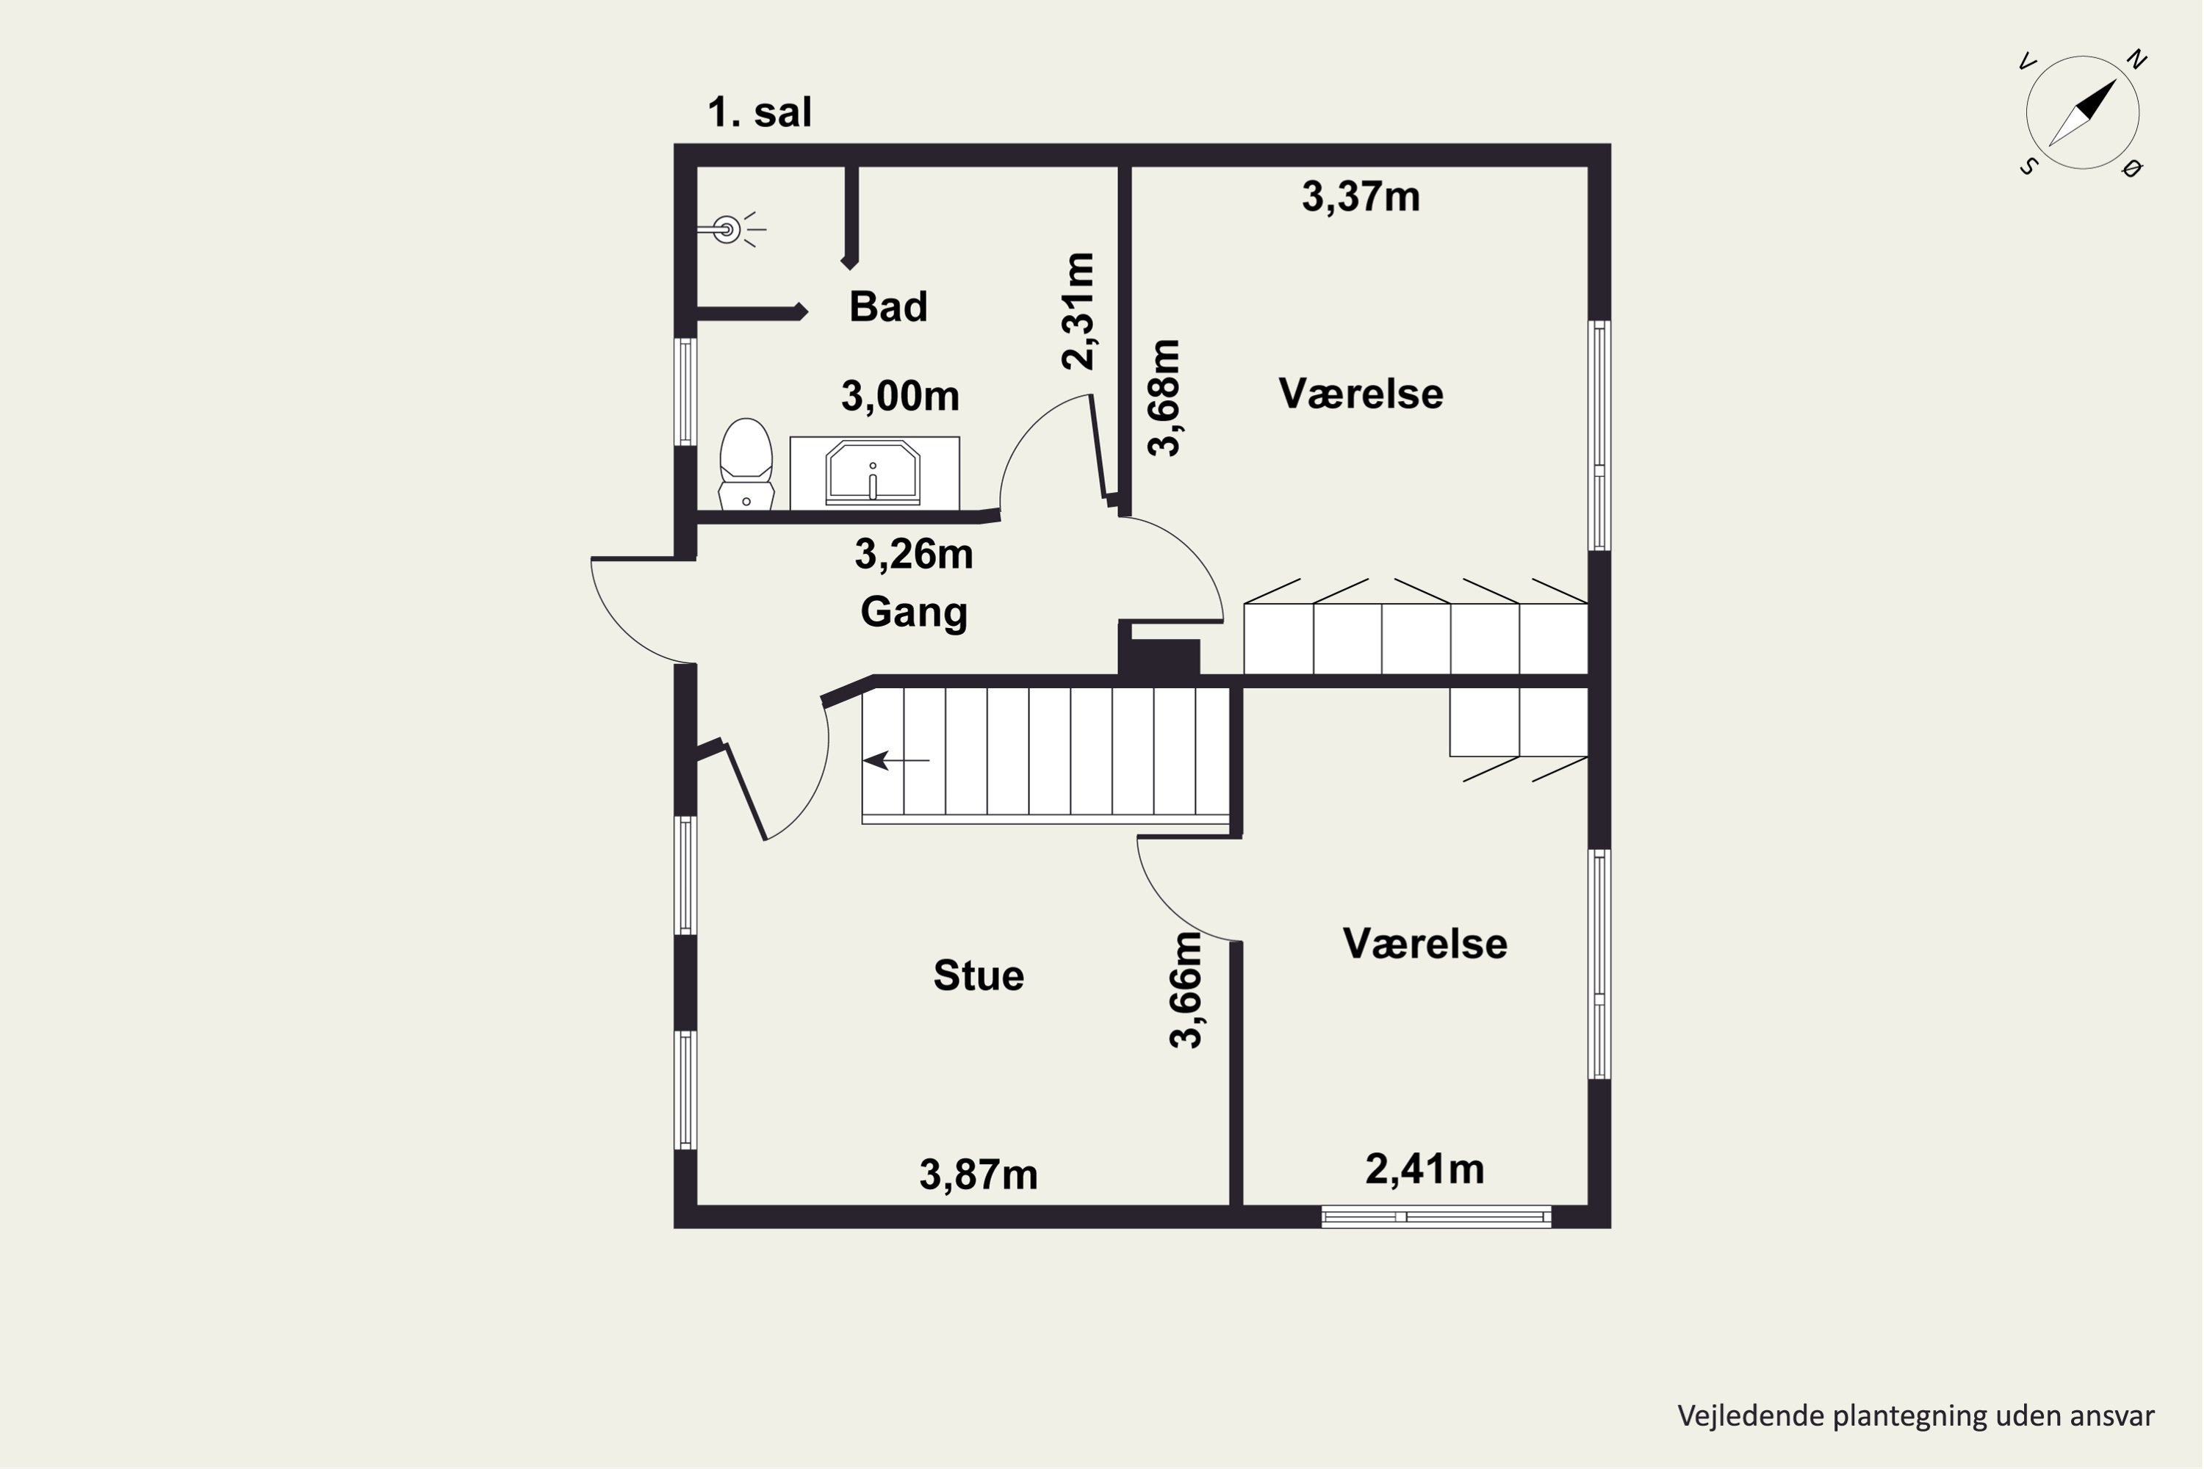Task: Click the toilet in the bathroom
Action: pos(746,463)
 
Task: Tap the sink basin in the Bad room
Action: pos(873,473)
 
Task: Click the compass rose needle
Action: pos(2082,112)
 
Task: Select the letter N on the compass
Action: pos(2136,60)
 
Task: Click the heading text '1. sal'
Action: pos(760,112)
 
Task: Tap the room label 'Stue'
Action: pos(979,975)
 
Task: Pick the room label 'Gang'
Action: pos(914,613)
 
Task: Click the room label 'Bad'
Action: pos(888,306)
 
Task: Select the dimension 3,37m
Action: pos(1361,198)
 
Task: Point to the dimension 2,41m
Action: pos(1425,1169)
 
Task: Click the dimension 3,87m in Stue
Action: pos(979,1174)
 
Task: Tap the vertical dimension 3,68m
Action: pos(1164,397)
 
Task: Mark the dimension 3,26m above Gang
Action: pos(914,555)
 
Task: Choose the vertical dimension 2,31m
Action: pos(1078,311)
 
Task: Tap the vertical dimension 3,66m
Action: pos(1186,990)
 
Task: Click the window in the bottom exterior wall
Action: pos(1436,1217)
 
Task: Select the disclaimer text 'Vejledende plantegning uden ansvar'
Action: pos(1915,1415)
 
